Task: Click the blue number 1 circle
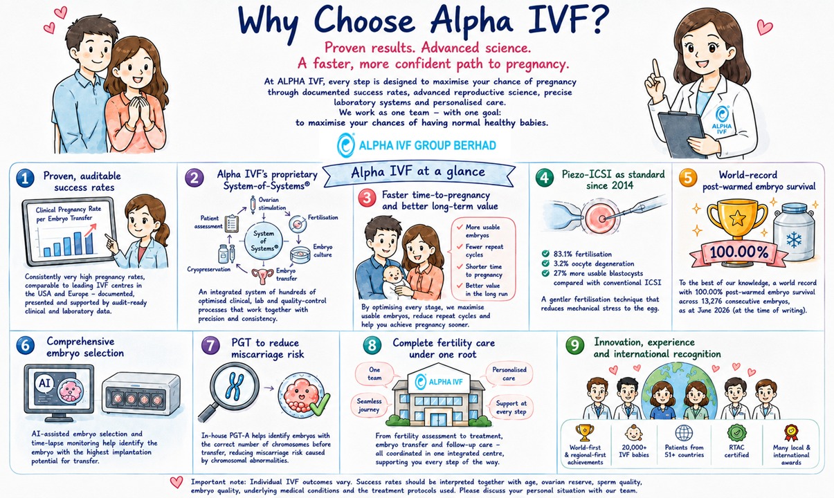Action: coord(26,178)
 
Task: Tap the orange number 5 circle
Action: coord(688,177)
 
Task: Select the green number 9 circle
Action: coord(574,345)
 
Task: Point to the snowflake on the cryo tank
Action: coord(794,240)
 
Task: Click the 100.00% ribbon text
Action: coord(739,252)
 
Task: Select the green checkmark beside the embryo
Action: coord(320,405)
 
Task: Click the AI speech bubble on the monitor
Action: coord(45,383)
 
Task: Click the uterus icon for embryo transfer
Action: coord(262,276)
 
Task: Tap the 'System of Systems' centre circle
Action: coord(264,241)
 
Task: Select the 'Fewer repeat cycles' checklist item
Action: coord(484,250)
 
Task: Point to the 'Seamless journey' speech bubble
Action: coord(370,405)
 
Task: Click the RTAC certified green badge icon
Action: coord(737,433)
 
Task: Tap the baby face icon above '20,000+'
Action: coord(633,433)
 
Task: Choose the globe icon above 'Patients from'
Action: coord(684,433)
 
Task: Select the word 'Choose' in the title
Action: coord(365,21)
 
